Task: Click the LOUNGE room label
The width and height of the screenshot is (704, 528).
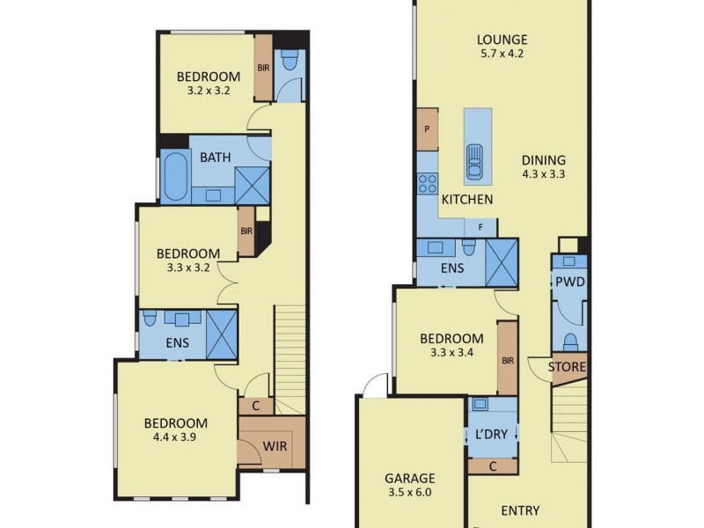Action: (502, 40)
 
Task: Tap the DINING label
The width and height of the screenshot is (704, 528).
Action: (543, 160)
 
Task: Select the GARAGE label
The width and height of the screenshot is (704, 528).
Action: (409, 480)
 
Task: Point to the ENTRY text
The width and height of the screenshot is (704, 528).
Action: (520, 510)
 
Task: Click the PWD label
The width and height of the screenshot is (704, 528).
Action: (569, 282)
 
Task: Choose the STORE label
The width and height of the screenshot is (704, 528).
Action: (568, 367)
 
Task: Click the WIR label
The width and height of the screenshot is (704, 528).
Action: (275, 446)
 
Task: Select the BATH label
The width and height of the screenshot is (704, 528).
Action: (216, 158)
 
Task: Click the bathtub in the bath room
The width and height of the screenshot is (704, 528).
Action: (174, 176)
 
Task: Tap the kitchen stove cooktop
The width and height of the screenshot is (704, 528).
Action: (428, 183)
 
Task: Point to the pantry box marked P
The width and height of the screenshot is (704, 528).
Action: (427, 128)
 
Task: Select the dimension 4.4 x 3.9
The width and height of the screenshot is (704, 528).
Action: (176, 437)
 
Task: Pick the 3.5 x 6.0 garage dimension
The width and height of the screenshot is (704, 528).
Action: (409, 494)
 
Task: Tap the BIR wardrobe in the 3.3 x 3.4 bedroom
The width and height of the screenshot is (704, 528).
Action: (507, 358)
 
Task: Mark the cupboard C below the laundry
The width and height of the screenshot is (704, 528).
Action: (493, 466)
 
